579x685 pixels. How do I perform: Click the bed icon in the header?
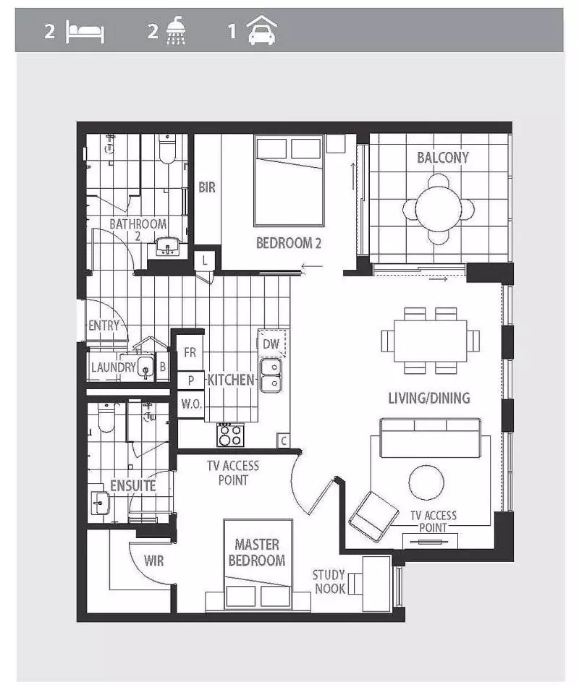click(85, 33)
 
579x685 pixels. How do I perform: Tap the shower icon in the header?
click(176, 33)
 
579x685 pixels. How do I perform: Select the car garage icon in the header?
click(261, 33)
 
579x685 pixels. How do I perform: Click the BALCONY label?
click(443, 158)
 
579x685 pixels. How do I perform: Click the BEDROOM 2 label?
click(288, 243)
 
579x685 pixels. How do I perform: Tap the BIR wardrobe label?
click(207, 187)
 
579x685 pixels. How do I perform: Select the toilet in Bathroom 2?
click(167, 148)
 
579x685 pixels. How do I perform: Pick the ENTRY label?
click(103, 326)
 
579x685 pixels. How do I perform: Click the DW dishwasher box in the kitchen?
click(271, 344)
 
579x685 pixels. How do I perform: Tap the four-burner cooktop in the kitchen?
click(231, 435)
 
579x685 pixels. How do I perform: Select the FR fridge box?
click(190, 353)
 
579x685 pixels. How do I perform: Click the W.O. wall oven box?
click(191, 404)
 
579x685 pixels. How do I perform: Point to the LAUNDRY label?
click(114, 367)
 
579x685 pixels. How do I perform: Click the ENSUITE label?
click(132, 485)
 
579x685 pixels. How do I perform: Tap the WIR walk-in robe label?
click(153, 561)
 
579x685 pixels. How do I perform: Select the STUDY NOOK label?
click(329, 582)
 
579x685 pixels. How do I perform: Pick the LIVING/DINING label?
click(429, 398)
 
